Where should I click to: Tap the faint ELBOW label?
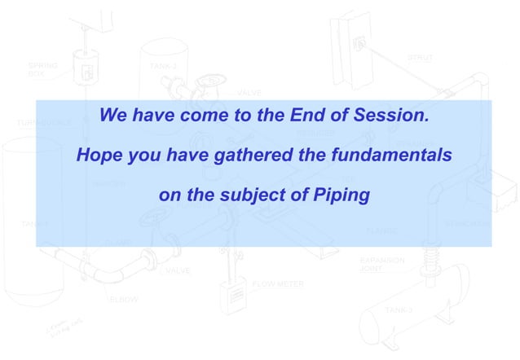124,299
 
